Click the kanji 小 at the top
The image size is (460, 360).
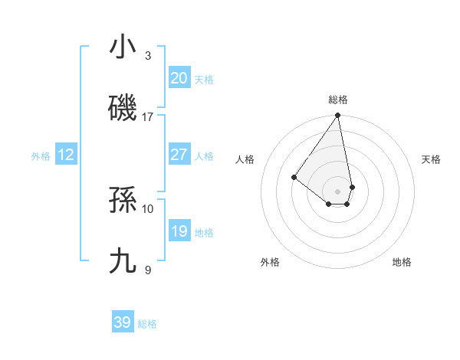[x=123, y=47]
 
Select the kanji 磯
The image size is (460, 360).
[x=123, y=108]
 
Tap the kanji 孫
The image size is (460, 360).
[x=123, y=200]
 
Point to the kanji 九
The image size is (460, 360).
[x=123, y=261]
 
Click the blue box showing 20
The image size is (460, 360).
[x=179, y=78]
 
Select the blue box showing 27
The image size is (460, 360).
[x=179, y=155]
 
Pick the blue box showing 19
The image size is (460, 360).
[x=179, y=231]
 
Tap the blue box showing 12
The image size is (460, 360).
[x=66, y=155]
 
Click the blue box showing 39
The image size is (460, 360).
[x=123, y=322]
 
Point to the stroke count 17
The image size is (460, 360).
[x=148, y=117]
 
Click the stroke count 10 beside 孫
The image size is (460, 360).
[x=148, y=208]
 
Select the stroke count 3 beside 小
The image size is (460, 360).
[x=148, y=56]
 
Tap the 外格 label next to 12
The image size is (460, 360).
[x=41, y=156]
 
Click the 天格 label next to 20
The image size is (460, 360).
[x=204, y=80]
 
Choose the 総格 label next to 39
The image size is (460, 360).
[x=147, y=324]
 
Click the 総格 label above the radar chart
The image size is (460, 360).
[x=338, y=100]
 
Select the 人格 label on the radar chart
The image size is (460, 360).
[x=245, y=159]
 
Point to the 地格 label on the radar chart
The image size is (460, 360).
[x=402, y=262]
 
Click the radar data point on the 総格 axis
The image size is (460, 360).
[x=337, y=116]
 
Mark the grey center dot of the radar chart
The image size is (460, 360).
[x=337, y=191]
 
